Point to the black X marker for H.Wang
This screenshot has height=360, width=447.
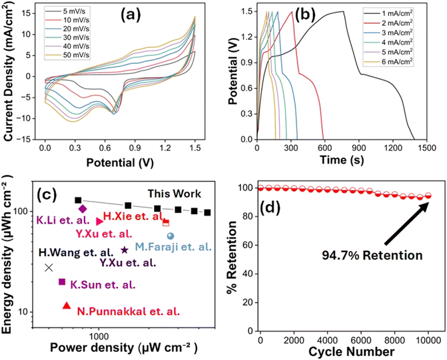(x=49, y=268)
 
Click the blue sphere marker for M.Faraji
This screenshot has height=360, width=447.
(x=171, y=236)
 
